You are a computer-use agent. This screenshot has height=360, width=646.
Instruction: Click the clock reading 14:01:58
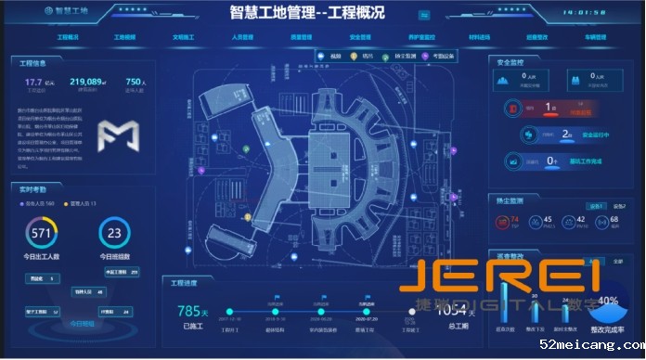585,14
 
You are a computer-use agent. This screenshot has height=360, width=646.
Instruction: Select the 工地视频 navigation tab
124,38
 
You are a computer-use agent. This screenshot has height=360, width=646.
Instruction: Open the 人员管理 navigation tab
242,38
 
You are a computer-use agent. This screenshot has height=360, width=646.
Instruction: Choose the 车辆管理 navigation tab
595,38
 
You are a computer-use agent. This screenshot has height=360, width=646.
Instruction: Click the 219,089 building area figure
85,83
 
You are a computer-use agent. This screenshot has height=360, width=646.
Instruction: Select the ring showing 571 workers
41,233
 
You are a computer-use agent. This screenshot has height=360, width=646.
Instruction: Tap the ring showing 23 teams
115,233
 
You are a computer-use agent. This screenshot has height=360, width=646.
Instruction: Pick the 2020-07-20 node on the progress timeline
368,312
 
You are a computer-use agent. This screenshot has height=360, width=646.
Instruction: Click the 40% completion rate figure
608,301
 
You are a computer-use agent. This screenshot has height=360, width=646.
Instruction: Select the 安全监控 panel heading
512,62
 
